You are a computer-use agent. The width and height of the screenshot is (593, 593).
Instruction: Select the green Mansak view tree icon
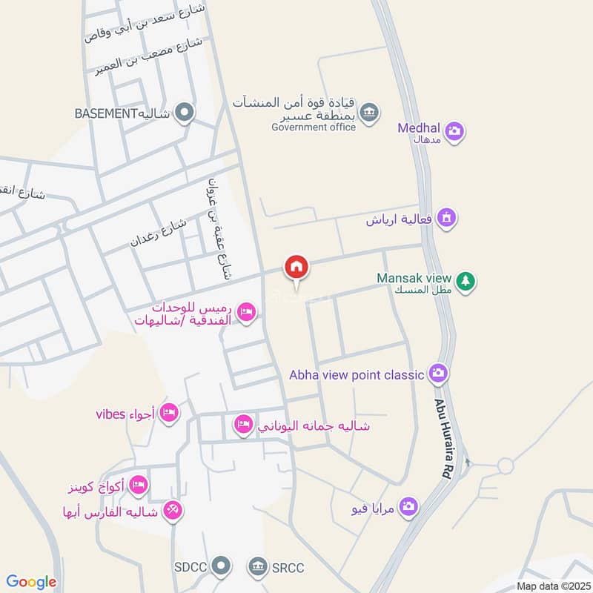tap(466, 281)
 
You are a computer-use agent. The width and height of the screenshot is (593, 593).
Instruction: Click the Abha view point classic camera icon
tap(438, 374)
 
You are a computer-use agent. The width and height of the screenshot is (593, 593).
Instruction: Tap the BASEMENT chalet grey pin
tap(185, 113)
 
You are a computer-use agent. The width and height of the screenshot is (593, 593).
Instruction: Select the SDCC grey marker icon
tap(220, 567)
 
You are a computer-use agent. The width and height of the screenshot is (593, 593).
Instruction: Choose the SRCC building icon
tap(257, 567)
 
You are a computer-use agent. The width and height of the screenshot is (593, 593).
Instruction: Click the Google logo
tap(31, 582)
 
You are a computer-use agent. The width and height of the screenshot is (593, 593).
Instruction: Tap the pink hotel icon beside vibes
tap(170, 412)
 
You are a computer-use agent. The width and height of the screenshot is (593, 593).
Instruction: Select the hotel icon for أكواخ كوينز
tap(138, 486)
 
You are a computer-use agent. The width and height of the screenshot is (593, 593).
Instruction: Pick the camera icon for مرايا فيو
tap(407, 507)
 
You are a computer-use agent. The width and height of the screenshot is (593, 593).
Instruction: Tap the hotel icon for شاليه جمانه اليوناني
tap(242, 425)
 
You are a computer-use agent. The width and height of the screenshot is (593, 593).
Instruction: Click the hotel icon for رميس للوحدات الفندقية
tap(248, 314)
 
